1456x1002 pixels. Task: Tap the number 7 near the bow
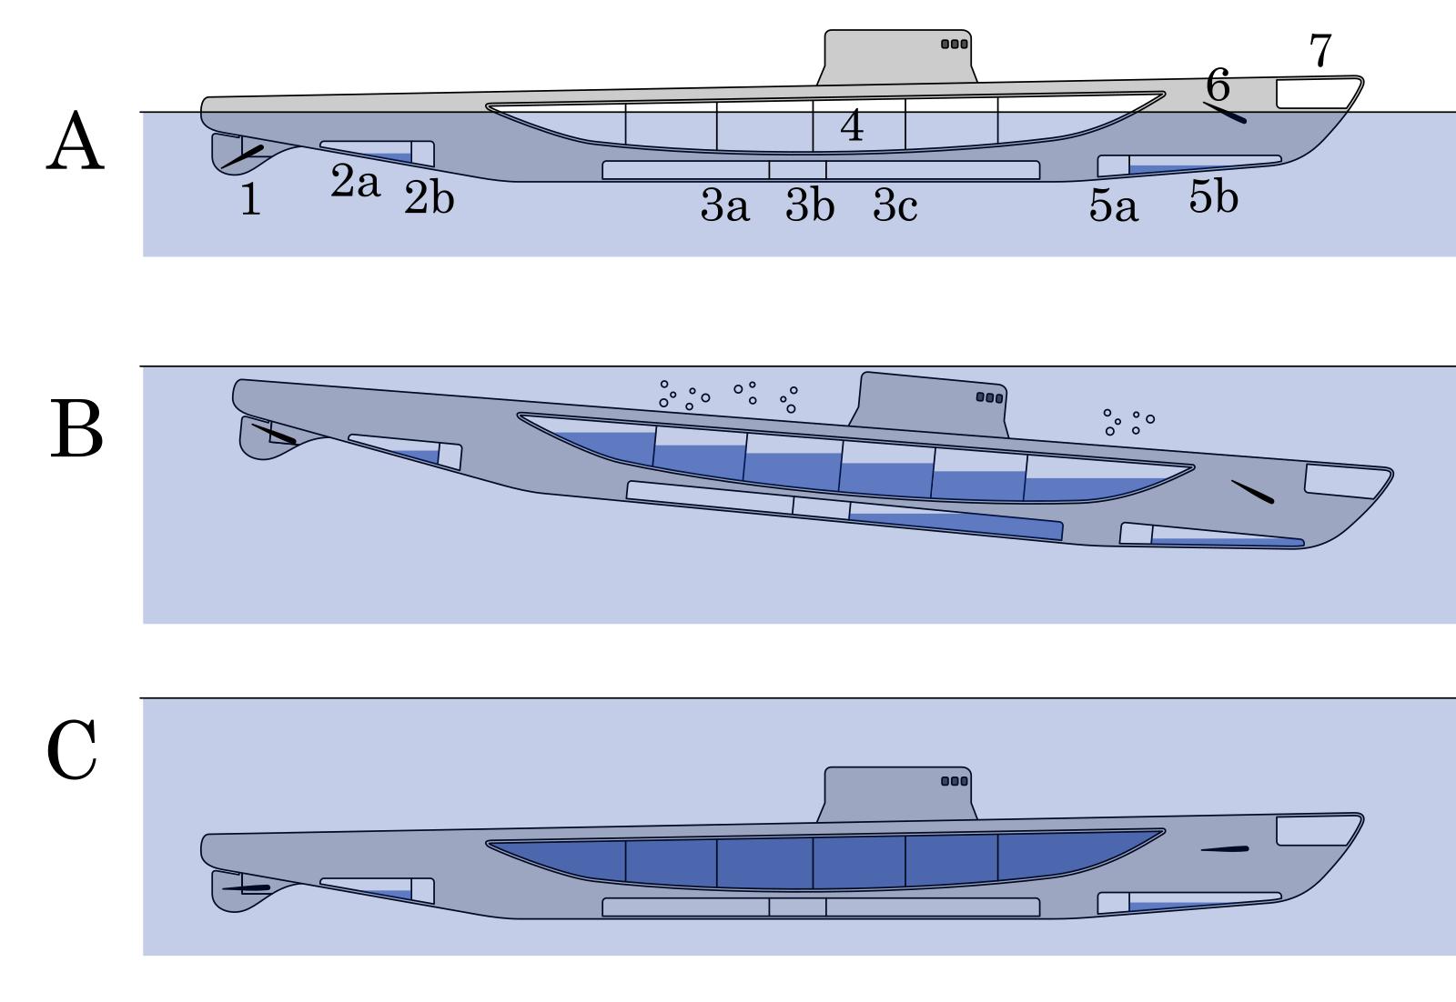pos(1319,51)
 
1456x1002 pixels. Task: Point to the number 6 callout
pos(1218,85)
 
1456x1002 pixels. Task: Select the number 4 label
pos(851,126)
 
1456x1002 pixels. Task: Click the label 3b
pos(809,206)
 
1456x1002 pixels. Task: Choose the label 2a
pos(355,183)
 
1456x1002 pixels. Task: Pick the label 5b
pos(1213,197)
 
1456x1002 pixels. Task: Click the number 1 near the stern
pos(250,200)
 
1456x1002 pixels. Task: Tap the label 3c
pos(895,206)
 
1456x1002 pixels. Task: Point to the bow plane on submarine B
pos(1252,492)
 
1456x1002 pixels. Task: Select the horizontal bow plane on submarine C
pos(1224,849)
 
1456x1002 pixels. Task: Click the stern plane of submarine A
pos(242,156)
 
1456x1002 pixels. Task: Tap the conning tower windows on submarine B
pos(989,397)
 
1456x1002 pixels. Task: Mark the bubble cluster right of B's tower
pos(1127,422)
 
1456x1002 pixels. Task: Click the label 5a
pos(1113,207)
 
